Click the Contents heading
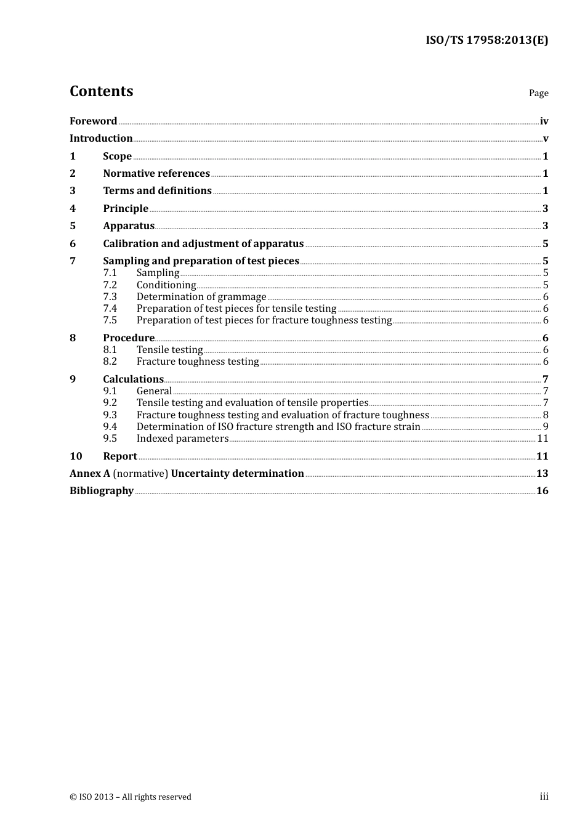101,91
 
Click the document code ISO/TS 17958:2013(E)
486,41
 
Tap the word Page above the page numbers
538,93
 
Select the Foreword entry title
93,121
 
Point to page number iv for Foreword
544,121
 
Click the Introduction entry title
101,138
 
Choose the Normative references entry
156,173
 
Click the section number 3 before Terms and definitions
73,191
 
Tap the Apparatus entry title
129,225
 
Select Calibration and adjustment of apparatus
203,243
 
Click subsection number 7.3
110,296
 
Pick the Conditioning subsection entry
166,285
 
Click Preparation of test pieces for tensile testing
236,308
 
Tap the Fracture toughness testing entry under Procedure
198,362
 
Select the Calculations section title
133,379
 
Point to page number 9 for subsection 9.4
546,426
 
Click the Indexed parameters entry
182,438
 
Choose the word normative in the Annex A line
140,473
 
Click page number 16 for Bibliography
542,491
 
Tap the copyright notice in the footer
131,797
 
